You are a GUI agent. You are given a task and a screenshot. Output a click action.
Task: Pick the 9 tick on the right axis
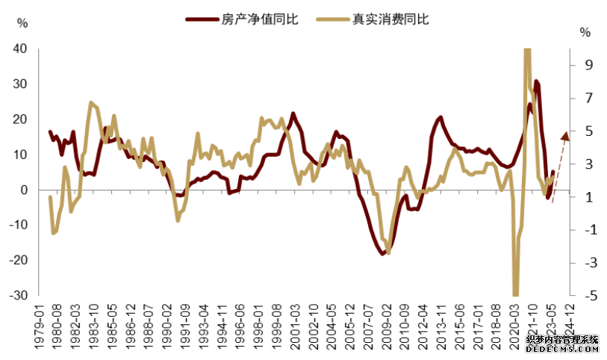pyautogui.click(x=587, y=66)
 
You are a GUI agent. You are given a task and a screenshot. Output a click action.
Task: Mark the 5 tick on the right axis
pyautogui.click(x=587, y=131)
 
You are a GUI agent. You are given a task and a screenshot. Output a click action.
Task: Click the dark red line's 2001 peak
pyautogui.click(x=293, y=114)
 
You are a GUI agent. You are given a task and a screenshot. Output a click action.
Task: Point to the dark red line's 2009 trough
pyautogui.click(x=383, y=253)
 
